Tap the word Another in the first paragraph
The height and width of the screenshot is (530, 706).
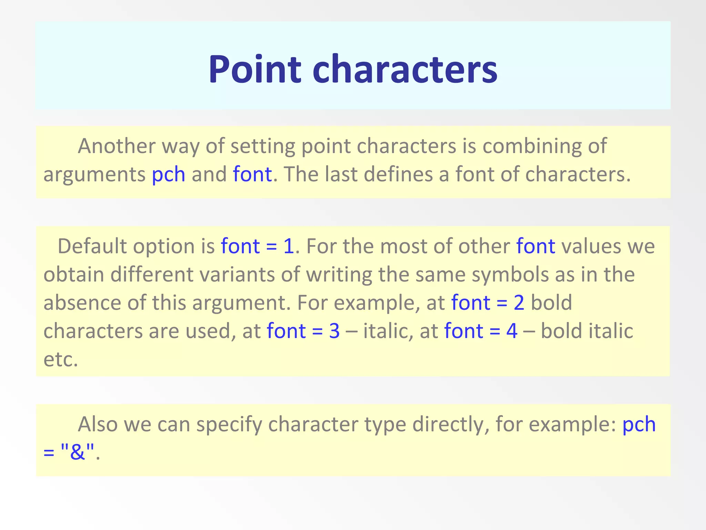117,146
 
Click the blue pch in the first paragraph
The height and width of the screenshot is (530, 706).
168,175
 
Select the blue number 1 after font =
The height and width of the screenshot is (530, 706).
289,246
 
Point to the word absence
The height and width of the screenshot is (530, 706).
82,303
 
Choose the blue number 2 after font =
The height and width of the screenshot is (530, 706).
519,303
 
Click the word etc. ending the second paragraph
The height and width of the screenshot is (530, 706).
61,360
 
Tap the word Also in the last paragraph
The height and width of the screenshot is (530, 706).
98,424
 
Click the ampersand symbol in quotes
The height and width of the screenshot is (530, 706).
77,452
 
